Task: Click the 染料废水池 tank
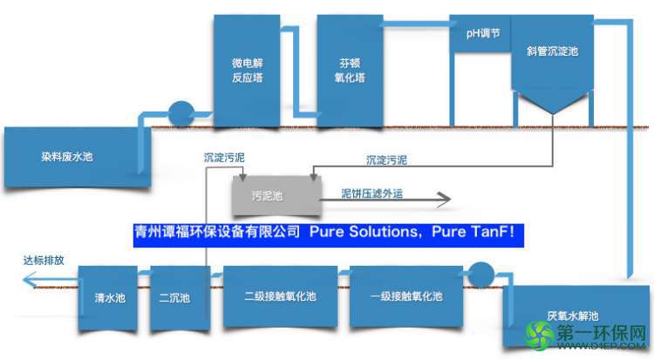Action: (77, 157)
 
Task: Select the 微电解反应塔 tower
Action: (247, 71)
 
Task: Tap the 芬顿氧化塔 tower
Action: (350, 71)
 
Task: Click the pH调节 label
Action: (483, 33)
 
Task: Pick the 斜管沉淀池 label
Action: (552, 51)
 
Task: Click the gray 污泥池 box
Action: (276, 195)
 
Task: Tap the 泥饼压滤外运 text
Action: (372, 194)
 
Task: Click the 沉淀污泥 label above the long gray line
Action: (386, 160)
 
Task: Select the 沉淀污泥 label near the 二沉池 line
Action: (224, 158)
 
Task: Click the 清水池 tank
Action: (108, 298)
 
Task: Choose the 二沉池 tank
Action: (181, 298)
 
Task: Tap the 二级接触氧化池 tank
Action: (280, 296)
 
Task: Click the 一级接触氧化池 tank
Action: (406, 296)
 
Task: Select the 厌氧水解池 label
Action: (573, 316)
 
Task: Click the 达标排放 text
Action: (44, 261)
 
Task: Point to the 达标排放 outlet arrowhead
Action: (29, 280)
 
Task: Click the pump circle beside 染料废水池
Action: (181, 113)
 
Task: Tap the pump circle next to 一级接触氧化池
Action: (480, 275)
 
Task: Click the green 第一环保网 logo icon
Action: (540, 335)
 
